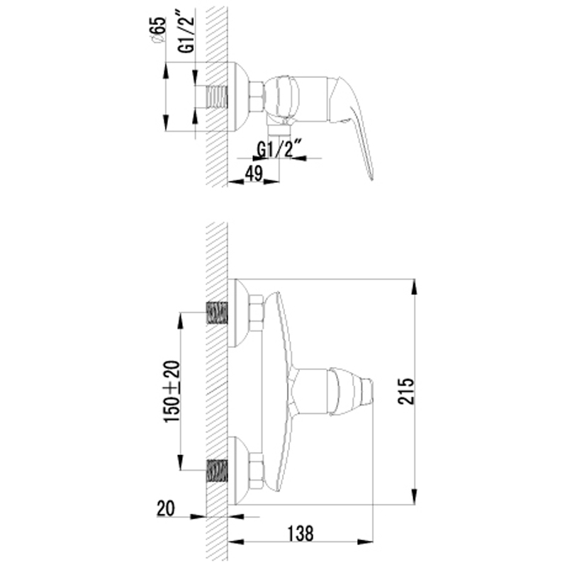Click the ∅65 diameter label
coord(159,30)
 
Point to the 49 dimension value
coord(254,174)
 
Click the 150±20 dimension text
coord(172,392)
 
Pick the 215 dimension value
coord(405,391)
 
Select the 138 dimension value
coord(300,534)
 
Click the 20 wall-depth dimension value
coord(166,508)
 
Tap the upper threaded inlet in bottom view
coord(217,313)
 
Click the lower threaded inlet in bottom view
coord(217,471)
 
